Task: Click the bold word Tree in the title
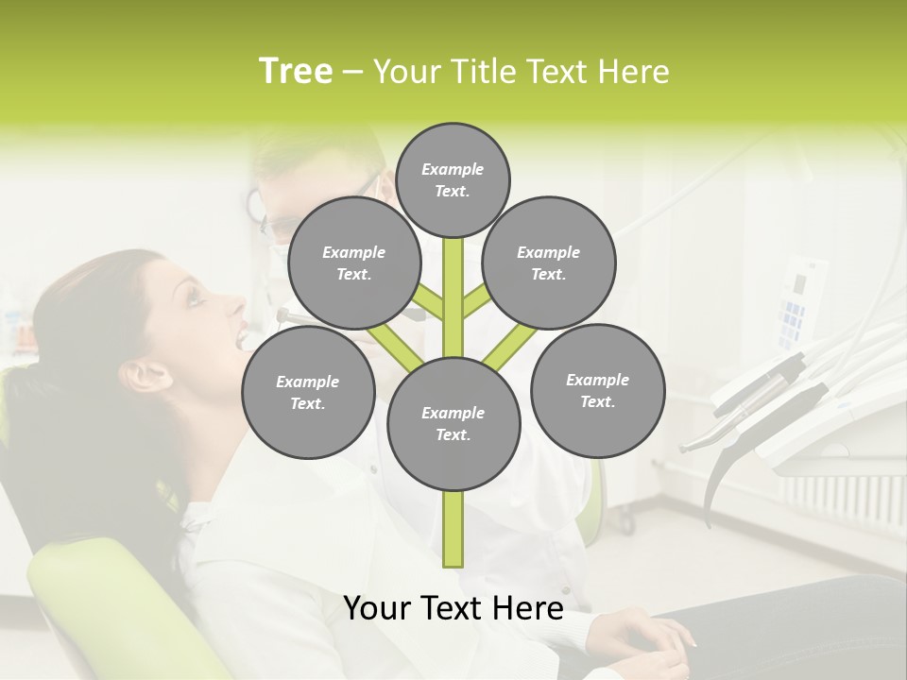click(x=296, y=72)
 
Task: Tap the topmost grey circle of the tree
click(x=453, y=179)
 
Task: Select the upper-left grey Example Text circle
click(x=353, y=263)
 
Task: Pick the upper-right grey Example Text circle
click(x=549, y=263)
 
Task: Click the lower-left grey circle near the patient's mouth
click(x=308, y=392)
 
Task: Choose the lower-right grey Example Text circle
click(x=597, y=390)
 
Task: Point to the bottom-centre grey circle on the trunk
click(x=453, y=423)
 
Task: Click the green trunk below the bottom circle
click(x=453, y=529)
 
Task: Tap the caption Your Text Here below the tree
click(x=453, y=607)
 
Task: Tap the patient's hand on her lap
click(x=652, y=633)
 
